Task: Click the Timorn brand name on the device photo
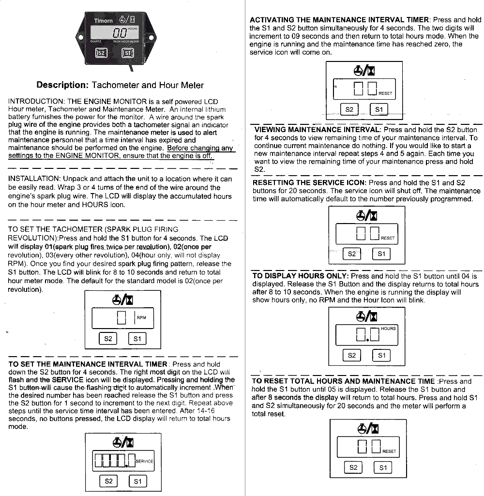103,20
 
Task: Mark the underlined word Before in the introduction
178,148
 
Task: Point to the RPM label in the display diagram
141,318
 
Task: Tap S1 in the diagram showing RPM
137,339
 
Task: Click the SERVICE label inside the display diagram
145,461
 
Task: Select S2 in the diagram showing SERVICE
108,481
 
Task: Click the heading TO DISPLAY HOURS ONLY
300,276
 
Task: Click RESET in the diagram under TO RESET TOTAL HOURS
389,451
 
